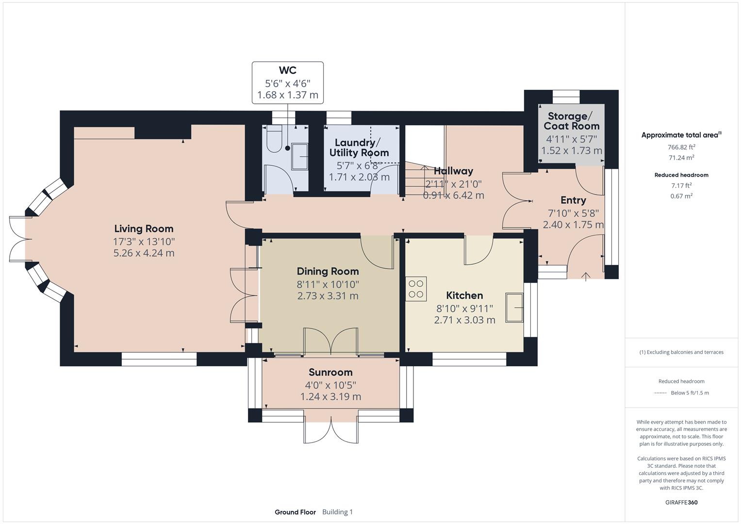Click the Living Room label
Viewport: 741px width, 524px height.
(x=144, y=229)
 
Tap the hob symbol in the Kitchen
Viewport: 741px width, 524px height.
(x=416, y=289)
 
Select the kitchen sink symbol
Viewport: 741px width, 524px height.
(x=514, y=307)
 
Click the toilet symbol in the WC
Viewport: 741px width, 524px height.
(x=275, y=135)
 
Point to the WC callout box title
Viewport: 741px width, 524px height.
(x=287, y=71)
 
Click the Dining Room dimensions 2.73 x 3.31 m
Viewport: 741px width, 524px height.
(x=328, y=296)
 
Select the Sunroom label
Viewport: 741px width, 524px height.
(x=330, y=372)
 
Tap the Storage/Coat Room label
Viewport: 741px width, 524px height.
(x=571, y=121)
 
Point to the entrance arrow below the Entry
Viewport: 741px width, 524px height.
(x=586, y=277)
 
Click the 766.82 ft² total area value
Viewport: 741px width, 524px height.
(x=681, y=147)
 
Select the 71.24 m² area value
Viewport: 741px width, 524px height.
(x=681, y=158)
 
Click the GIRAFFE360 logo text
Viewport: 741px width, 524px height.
(x=681, y=502)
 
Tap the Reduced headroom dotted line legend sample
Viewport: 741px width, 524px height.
(x=660, y=393)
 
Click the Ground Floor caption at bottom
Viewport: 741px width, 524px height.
(x=295, y=512)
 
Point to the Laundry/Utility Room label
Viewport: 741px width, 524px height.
(x=359, y=147)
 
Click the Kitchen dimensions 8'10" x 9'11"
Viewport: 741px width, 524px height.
(x=464, y=308)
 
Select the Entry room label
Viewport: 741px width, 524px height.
(x=573, y=200)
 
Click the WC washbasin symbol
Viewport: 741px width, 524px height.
(x=299, y=156)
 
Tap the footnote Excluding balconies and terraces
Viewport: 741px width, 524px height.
(x=681, y=352)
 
